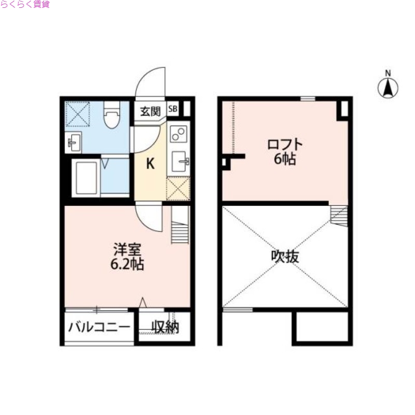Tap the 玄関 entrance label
150,111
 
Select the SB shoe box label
173,109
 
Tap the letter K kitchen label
150,164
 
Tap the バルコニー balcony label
99,328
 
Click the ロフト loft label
285,144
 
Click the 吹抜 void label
285,256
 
